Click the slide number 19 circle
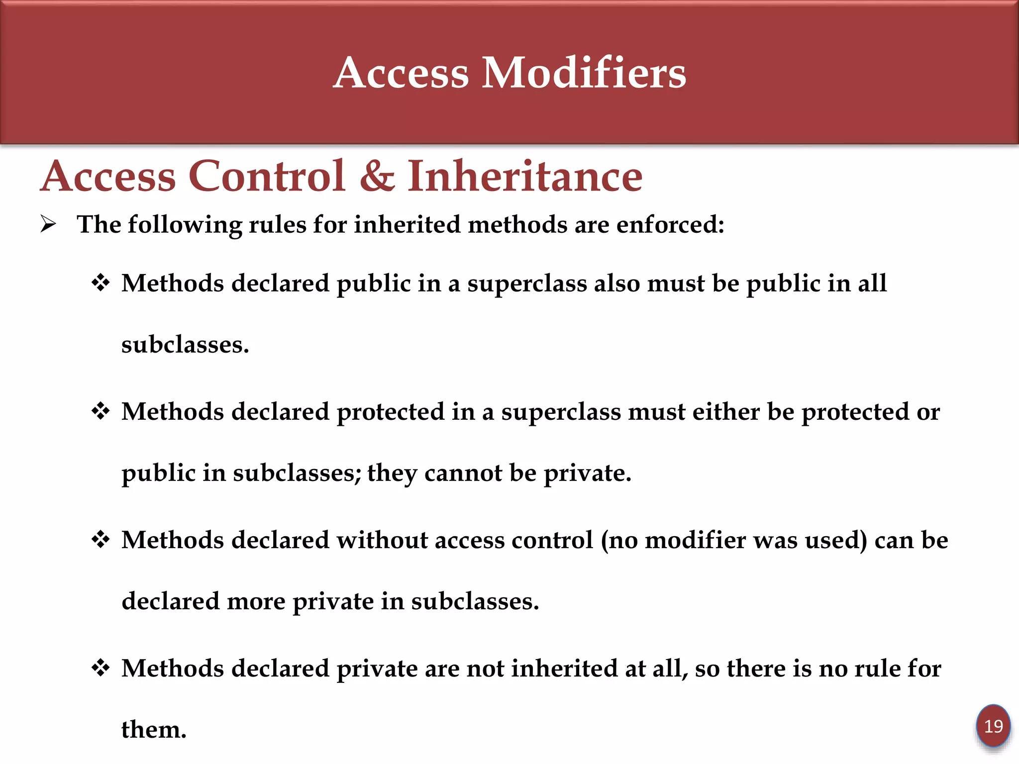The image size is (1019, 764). coord(993,726)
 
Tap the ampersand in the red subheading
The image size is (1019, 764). coord(377,176)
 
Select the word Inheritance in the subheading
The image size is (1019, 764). coord(525,176)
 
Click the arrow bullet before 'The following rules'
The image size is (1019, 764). coord(48,224)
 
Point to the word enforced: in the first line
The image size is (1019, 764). coord(670,224)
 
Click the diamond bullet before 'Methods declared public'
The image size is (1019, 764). coord(101,283)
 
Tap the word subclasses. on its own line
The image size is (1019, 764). coord(185,345)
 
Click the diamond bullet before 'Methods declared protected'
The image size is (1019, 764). coord(101,411)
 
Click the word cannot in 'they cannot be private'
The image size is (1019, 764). coord(463,473)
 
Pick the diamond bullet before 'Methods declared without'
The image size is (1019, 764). coord(101,540)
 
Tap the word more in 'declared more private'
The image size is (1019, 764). coord(256,601)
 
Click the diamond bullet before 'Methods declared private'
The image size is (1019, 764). coord(101,668)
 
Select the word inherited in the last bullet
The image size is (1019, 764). coord(564,668)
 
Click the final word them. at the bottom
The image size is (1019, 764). coord(154,730)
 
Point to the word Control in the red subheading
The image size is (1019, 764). coord(267,176)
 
